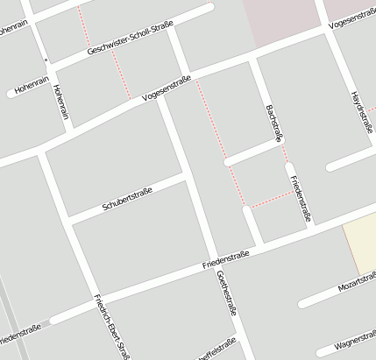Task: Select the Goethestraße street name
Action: pos(226,292)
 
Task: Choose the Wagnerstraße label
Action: pos(355,339)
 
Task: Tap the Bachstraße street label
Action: pos(274,124)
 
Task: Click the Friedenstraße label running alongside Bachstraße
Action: pos(300,199)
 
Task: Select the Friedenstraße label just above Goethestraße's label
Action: pos(225,258)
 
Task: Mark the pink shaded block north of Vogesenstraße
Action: pos(283,22)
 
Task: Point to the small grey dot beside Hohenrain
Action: pos(46,60)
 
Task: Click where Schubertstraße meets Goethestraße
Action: pos(187,175)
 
